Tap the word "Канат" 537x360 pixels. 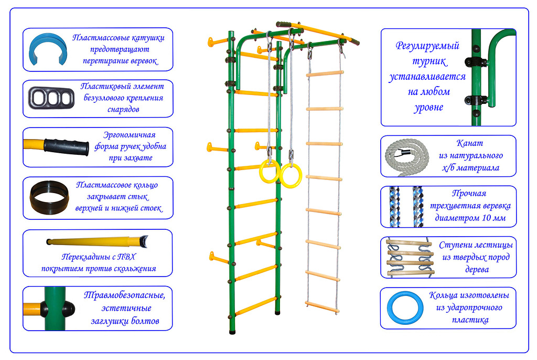[x=470, y=143]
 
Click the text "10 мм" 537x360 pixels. [x=493, y=218]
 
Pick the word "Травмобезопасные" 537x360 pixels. [x=124, y=295]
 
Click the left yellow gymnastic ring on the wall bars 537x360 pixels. [x=270, y=171]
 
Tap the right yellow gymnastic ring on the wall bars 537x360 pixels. [x=290, y=175]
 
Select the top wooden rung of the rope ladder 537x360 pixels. [x=325, y=73]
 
